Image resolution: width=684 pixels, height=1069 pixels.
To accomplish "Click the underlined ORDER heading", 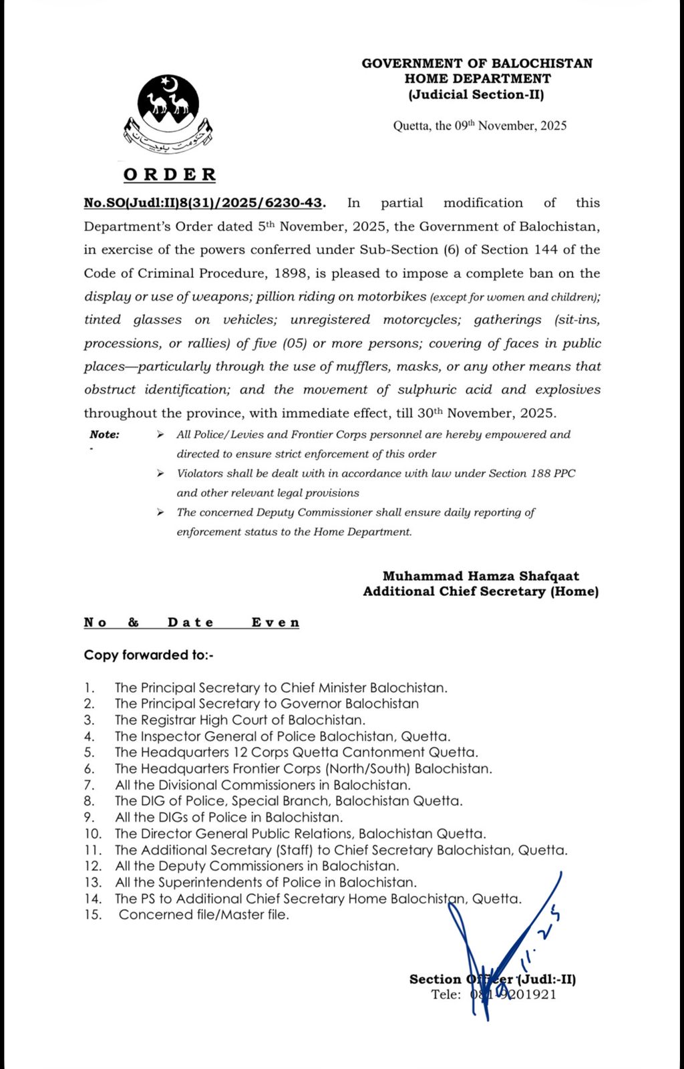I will coord(170,175).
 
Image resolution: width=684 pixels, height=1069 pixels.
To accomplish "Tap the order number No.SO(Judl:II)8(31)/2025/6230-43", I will coord(204,203).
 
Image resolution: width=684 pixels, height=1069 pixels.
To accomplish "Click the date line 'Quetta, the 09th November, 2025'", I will coord(479,126).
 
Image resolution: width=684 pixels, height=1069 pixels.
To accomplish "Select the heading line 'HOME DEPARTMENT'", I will coord(477,79).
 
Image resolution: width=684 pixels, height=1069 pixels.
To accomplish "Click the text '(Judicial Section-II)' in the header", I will coord(476,95).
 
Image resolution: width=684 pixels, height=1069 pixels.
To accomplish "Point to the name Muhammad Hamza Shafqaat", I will coord(480,576).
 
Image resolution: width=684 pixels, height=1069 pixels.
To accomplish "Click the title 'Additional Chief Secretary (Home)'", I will coord(480,591).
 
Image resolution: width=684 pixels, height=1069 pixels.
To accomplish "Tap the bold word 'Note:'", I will coord(104,435).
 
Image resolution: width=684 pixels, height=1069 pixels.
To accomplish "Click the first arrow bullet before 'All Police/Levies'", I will coord(160,435).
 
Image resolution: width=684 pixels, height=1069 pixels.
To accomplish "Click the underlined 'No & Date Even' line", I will coord(191,623).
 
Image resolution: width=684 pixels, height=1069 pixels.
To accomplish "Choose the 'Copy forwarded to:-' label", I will coord(148,655).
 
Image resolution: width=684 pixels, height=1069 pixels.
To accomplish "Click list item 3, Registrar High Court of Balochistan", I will coord(240,720).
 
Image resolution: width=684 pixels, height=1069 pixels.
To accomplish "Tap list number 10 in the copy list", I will coord(93,834).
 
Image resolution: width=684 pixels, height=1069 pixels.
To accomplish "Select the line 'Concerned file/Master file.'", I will coord(204,915).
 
